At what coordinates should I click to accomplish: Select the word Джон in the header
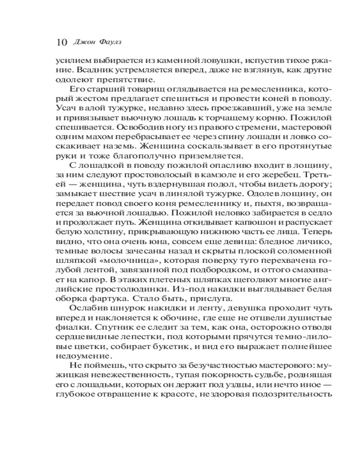pos(83,42)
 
